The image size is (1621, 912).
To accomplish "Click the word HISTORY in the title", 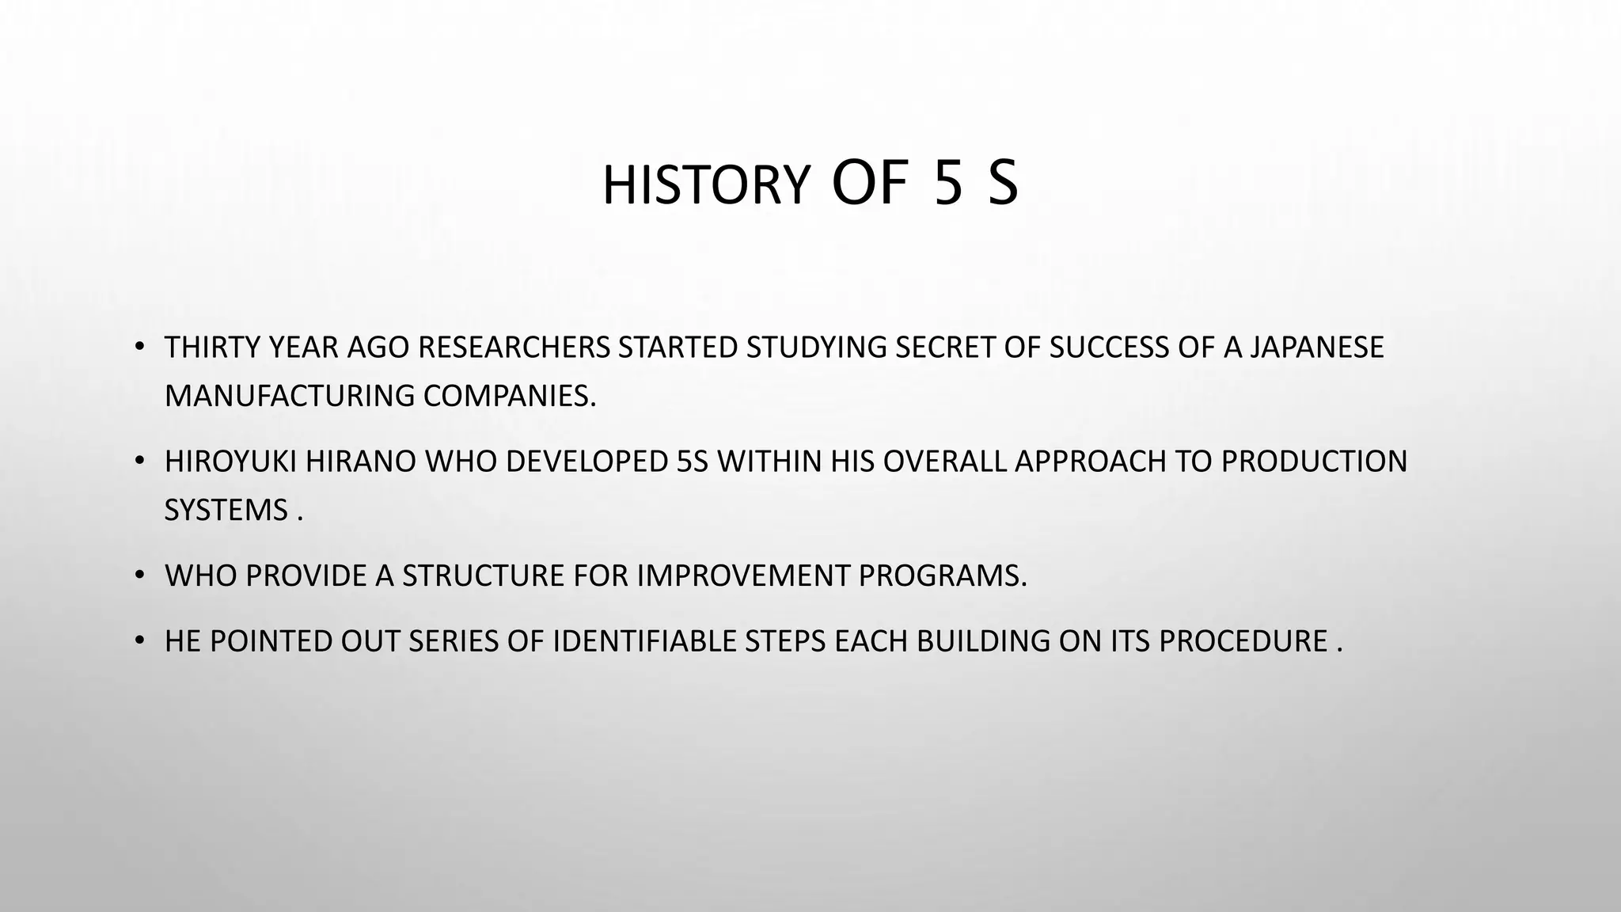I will click(705, 185).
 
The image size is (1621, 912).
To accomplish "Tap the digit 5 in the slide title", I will click(948, 184).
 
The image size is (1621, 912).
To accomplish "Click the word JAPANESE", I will click(1316, 348).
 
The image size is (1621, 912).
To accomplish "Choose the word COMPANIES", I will click(509, 395).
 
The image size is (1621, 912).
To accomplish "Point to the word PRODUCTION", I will click(1314, 462).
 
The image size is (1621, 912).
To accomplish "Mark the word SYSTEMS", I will click(226, 510).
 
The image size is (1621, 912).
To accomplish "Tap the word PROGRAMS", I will click(942, 576).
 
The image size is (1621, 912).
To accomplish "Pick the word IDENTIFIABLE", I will click(644, 641).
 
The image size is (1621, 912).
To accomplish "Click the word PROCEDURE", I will click(1243, 641).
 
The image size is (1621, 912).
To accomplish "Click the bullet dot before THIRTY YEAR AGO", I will click(140, 347).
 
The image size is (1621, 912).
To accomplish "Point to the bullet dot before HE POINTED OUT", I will click(140, 640).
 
